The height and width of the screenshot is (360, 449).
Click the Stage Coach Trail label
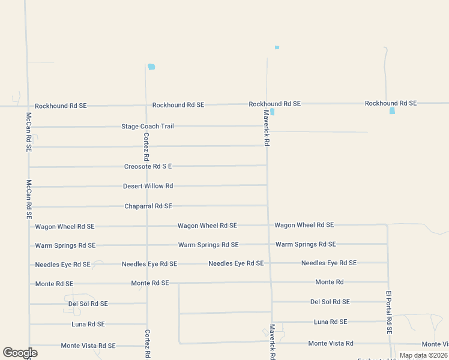(x=147, y=127)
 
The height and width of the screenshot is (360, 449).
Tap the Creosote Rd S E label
(x=148, y=166)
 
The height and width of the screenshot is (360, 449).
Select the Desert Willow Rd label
(x=148, y=186)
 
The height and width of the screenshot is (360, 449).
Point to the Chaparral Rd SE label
(x=148, y=206)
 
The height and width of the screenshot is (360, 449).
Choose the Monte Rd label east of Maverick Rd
(x=330, y=282)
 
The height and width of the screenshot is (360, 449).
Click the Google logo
(x=20, y=353)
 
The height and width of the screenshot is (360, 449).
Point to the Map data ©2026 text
(x=424, y=355)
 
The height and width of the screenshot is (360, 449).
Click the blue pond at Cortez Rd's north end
(x=151, y=67)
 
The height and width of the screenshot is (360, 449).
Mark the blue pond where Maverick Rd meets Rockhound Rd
(x=273, y=112)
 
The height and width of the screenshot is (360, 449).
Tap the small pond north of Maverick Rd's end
(x=277, y=47)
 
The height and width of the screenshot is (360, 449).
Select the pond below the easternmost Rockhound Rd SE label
(x=392, y=111)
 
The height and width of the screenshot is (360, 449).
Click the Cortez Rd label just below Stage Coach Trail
(x=146, y=146)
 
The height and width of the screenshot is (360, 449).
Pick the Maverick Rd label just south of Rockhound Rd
(x=267, y=128)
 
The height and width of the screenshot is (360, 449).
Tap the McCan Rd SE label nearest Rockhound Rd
(x=28, y=131)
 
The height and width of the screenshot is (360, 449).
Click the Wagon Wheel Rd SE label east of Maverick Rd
(x=304, y=225)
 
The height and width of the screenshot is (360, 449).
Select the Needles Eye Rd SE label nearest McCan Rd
(x=62, y=265)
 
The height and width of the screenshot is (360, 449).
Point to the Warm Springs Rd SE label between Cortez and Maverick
(x=208, y=245)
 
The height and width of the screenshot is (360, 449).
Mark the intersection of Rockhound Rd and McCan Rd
(x=27, y=106)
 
